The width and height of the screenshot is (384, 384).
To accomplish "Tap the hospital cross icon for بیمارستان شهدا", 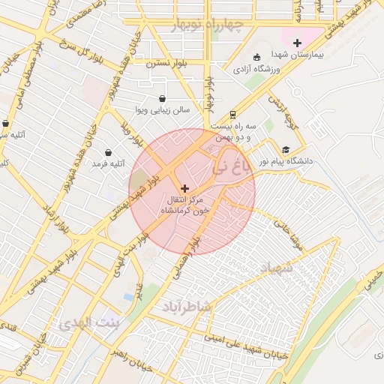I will (x=298, y=43).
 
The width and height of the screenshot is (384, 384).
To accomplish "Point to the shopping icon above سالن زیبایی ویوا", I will (x=163, y=98).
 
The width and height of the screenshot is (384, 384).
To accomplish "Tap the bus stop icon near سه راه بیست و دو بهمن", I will (x=233, y=114).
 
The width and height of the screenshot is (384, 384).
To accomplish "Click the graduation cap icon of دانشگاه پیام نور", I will (x=286, y=149).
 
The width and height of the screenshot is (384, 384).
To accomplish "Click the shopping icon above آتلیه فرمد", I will (x=109, y=152).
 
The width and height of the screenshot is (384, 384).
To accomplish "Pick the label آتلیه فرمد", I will (x=109, y=163).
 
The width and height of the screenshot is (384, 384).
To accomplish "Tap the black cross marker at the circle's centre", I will (x=185, y=188).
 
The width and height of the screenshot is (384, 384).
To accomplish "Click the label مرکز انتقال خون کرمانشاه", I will (x=184, y=206).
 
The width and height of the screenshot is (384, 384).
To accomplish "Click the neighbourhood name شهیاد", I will (x=280, y=268).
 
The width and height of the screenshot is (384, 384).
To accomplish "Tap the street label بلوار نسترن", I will (x=160, y=64).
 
